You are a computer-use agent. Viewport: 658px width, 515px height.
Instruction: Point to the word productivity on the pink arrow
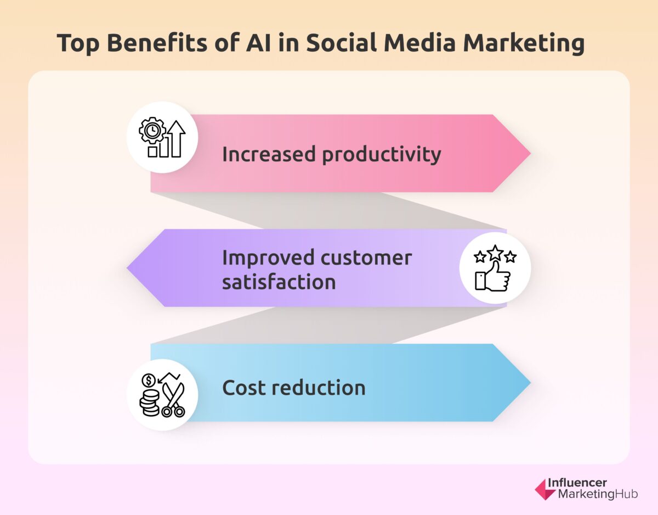381,155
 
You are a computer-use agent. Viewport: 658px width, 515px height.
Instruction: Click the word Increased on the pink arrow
269,155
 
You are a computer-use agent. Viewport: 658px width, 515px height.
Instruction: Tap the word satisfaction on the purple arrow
279,282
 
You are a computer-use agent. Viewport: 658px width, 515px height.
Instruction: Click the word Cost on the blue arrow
245,388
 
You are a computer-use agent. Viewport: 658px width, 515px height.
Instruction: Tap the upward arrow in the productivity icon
176,138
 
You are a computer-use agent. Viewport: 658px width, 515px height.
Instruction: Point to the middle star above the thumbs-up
495,253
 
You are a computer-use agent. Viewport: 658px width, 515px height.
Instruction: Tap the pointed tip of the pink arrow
529,154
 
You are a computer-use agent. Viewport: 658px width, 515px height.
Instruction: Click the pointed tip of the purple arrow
129,268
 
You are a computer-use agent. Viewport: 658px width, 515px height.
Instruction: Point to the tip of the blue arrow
529,383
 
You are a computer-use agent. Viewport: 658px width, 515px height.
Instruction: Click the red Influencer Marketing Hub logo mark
544,489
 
